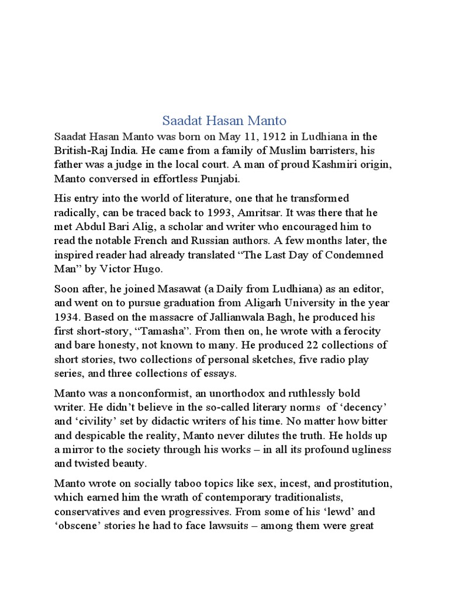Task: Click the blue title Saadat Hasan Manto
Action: click(x=224, y=121)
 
